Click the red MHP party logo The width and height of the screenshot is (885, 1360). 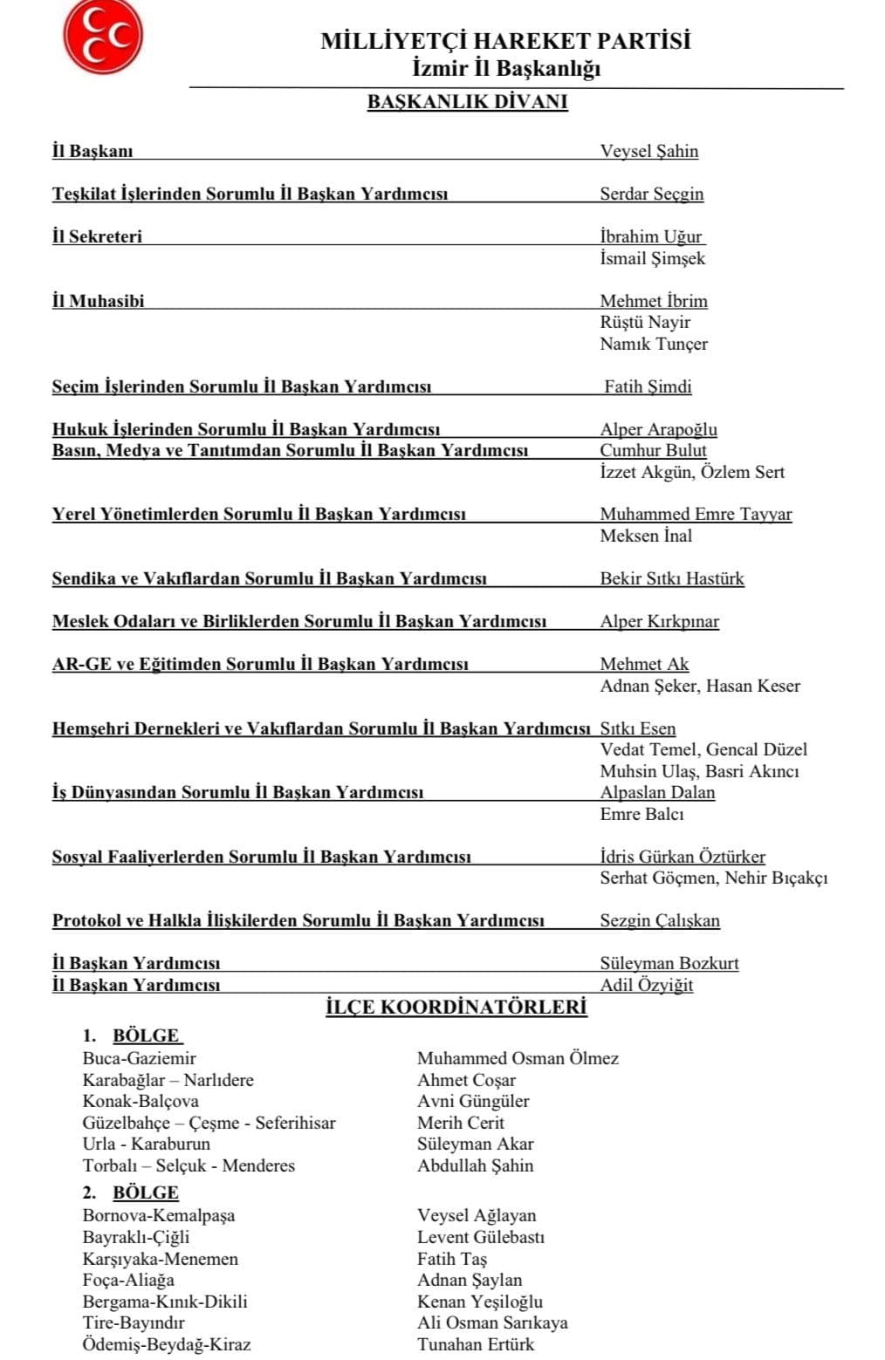(102, 37)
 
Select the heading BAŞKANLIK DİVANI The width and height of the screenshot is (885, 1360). (467, 102)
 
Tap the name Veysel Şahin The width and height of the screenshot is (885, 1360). (648, 151)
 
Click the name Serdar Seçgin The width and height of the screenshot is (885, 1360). (651, 194)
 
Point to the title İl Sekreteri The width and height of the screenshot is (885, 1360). (97, 236)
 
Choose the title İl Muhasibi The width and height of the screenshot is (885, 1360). (98, 301)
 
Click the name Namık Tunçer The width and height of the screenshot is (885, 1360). (653, 344)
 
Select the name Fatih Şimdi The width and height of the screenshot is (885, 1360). (648, 386)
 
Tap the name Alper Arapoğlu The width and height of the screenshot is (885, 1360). (658, 429)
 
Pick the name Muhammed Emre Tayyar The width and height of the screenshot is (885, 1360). (696, 514)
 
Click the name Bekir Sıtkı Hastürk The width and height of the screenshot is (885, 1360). (671, 578)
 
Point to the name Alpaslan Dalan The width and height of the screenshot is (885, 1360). (656, 792)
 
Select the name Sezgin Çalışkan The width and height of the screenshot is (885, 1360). (659, 920)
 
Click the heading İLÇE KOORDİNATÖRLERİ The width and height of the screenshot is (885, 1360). (456, 1008)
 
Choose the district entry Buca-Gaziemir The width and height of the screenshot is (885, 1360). (139, 1058)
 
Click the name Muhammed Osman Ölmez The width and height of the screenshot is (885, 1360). (518, 1058)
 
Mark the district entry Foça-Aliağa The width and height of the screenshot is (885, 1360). (128, 1280)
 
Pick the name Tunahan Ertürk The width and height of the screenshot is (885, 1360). (475, 1344)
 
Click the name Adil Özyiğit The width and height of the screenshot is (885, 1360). (646, 985)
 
